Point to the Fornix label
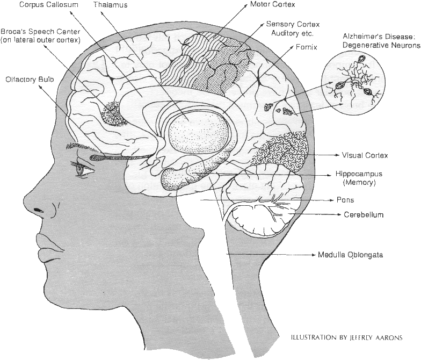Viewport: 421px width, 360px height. point(306,47)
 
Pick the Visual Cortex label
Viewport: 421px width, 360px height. point(365,155)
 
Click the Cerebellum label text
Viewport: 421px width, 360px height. point(364,215)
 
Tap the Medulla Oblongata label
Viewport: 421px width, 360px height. point(350,255)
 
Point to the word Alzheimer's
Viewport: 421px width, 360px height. point(361,37)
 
